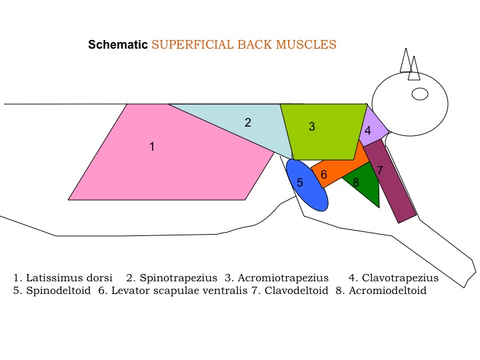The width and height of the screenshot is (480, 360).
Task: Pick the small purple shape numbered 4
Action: (371, 129)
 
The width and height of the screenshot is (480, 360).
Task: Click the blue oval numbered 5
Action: (307, 185)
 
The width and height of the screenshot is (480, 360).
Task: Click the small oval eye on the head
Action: (420, 94)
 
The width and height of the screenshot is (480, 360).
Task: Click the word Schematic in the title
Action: (118, 45)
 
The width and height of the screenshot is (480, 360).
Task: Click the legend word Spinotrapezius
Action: (179, 278)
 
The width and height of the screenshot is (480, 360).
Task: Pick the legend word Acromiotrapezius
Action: (283, 278)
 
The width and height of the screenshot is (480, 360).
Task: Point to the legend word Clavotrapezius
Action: (400, 278)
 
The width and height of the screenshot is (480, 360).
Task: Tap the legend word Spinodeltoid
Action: (59, 291)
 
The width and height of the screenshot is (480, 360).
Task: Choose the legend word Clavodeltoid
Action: (296, 291)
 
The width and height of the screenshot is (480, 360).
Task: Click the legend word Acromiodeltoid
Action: (387, 291)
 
